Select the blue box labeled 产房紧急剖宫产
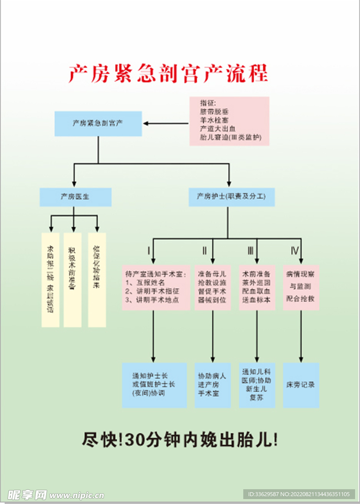tap(98, 124)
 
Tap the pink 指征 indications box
tap(229, 121)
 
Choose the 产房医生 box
tap(75, 197)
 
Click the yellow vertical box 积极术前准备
tap(72, 280)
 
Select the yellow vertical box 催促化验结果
tap(97, 280)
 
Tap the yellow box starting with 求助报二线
tap(50, 280)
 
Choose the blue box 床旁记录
tap(301, 385)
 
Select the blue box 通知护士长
tap(154, 385)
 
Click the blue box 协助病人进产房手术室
tap(213, 385)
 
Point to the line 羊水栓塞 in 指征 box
tap(214, 120)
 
